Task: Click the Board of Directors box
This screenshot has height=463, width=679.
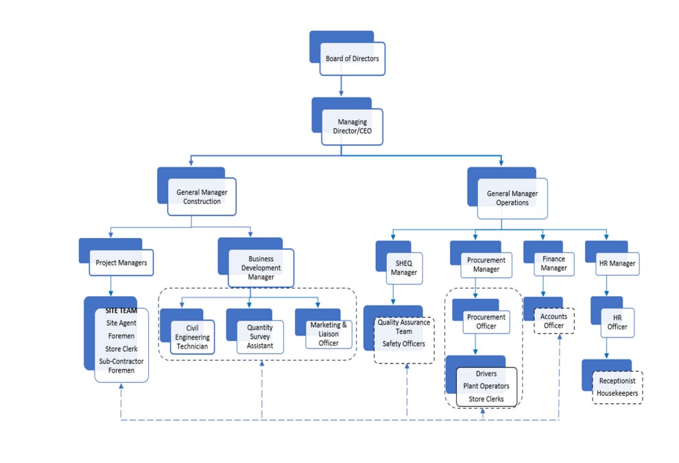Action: (x=351, y=59)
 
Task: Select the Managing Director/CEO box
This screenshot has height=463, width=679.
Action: (x=352, y=127)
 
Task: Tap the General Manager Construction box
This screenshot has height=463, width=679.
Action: (x=202, y=197)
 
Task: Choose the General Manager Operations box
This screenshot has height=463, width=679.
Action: (x=512, y=198)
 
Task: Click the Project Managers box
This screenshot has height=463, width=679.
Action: (x=121, y=263)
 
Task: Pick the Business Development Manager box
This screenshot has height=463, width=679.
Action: (x=261, y=268)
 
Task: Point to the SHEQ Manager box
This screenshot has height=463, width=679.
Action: (x=403, y=268)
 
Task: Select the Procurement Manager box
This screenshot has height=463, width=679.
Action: (x=486, y=265)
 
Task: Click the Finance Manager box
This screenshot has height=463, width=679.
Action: (x=553, y=263)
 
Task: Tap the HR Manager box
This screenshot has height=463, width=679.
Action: (x=616, y=263)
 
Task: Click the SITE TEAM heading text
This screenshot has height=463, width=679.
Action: (x=121, y=311)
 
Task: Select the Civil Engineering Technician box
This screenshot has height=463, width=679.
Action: (x=192, y=337)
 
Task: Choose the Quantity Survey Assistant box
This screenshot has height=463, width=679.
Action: (x=259, y=337)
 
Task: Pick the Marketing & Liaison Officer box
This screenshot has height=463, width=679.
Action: (x=329, y=333)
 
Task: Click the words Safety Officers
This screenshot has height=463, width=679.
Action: (x=403, y=344)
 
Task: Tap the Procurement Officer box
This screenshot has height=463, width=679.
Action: (x=486, y=321)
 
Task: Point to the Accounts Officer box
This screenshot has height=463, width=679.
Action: (x=553, y=321)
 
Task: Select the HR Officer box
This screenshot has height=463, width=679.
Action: (x=617, y=322)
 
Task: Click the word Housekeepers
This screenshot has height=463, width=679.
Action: (x=617, y=394)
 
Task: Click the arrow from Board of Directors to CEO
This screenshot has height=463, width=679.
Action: (x=341, y=86)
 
